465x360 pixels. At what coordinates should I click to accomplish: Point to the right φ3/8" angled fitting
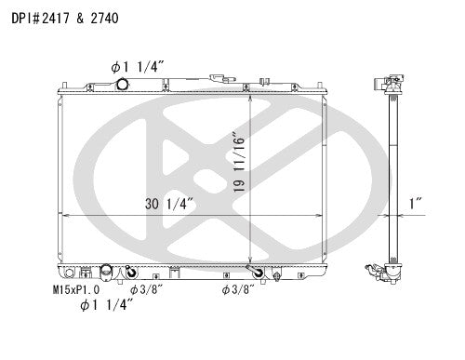pyautogui.click(x=253, y=273)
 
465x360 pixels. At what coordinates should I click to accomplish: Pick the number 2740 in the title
pyautogui.click(x=105, y=17)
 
